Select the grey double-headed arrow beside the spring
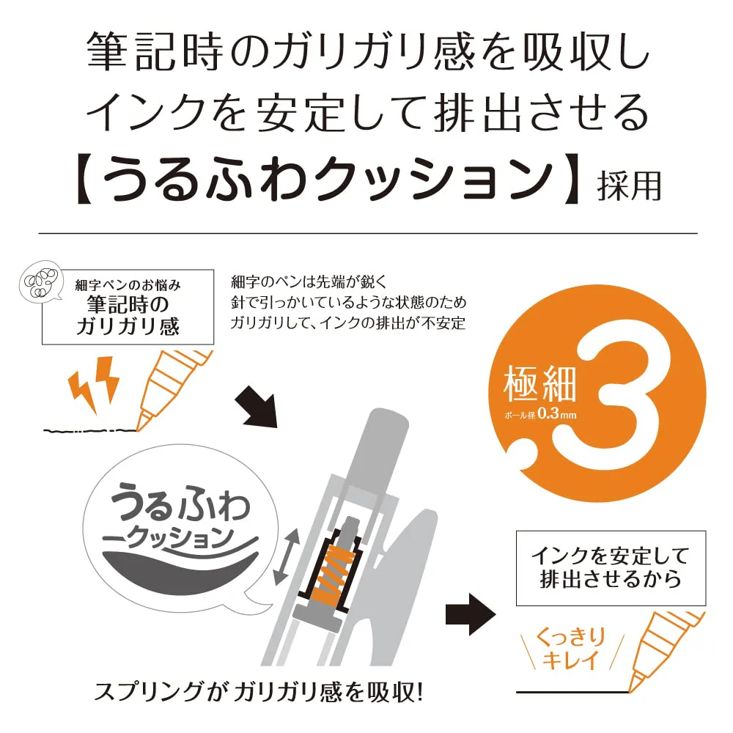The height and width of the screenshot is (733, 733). tap(286, 556)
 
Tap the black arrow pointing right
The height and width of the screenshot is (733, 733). tap(471, 614)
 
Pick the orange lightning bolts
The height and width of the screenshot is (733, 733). tap(94, 383)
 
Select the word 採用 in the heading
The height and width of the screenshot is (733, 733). tap(629, 185)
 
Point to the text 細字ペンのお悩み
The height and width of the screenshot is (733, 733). tap(128, 284)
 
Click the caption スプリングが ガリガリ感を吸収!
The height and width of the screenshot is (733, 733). tap(259, 693)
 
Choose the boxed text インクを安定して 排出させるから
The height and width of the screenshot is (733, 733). tap(611, 567)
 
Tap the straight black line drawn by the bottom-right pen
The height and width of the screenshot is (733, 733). tap(573, 691)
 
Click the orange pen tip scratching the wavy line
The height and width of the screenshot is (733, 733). tap(144, 420)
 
